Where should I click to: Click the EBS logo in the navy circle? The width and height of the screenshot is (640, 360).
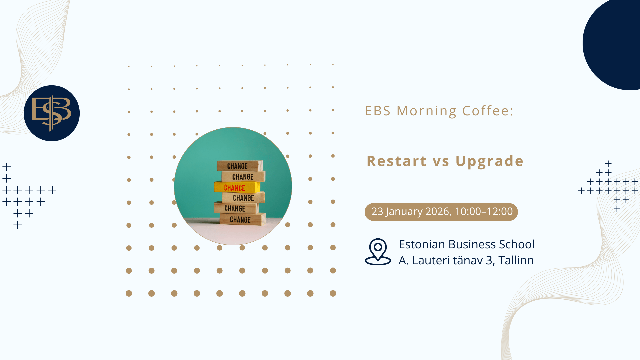(52, 113)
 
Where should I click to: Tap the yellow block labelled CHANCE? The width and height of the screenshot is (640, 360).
(237, 187)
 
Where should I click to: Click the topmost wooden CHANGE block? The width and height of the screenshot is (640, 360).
(240, 166)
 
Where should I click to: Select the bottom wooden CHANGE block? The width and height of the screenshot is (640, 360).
(243, 219)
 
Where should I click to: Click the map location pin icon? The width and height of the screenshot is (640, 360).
(378, 252)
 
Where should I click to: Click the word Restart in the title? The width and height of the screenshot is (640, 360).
(397, 161)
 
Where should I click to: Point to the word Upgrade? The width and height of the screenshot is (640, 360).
(490, 162)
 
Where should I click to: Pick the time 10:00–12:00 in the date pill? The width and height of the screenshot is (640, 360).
(484, 212)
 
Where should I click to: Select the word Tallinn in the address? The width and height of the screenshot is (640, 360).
(516, 260)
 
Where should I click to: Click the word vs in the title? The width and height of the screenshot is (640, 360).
(441, 162)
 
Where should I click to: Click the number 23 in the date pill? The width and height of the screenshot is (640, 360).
(377, 212)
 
